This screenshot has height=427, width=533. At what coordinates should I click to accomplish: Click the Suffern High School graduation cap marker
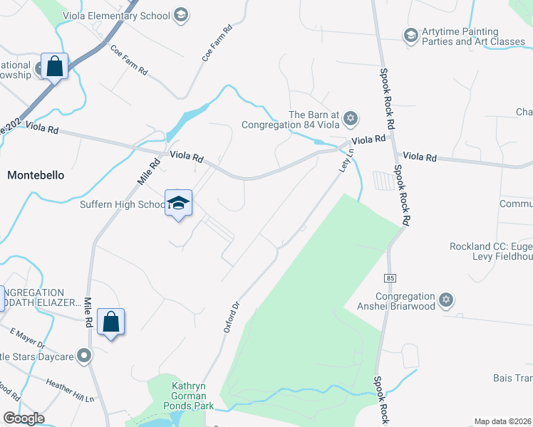click(178, 203)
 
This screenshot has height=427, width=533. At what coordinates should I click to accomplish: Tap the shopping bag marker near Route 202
click(54, 67)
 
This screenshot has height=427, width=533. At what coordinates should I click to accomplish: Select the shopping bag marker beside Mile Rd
click(111, 322)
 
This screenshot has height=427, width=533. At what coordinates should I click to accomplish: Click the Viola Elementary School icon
click(181, 15)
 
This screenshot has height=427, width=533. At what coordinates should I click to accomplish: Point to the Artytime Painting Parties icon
click(410, 35)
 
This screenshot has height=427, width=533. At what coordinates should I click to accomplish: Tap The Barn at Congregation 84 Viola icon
click(350, 117)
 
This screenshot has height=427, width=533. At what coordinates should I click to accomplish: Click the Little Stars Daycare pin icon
click(85, 355)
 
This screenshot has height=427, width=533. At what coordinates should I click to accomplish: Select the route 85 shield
click(389, 276)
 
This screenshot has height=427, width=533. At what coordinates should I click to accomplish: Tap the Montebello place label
click(36, 174)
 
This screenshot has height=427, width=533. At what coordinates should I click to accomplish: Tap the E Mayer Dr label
click(27, 338)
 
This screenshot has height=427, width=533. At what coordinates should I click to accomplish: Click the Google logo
click(24, 418)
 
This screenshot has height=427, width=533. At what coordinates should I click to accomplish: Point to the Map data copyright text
click(502, 421)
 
